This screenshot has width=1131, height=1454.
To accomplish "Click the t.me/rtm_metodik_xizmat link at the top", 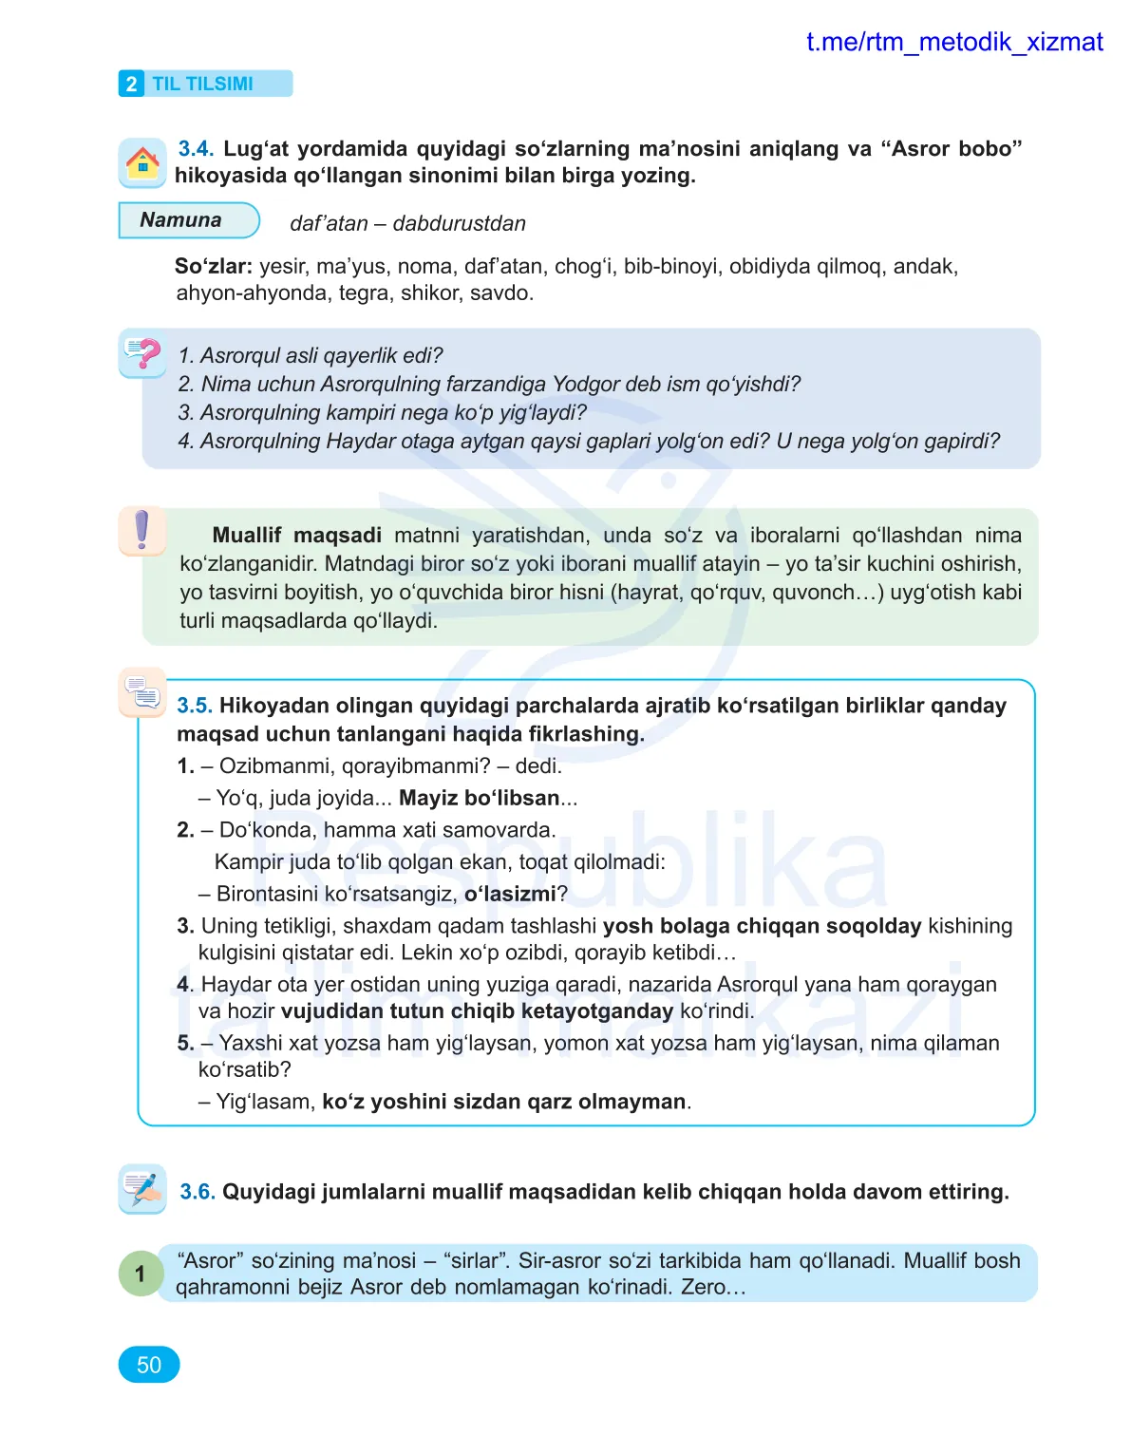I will [x=953, y=43].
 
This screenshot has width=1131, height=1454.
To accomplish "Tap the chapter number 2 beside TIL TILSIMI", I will [x=131, y=85].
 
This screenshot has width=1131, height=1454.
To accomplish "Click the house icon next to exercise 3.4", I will [x=142, y=162].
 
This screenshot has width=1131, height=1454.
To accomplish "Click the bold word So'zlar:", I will [x=213, y=267].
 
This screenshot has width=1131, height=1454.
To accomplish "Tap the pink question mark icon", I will [x=143, y=354].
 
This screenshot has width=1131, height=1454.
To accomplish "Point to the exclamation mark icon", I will [x=142, y=530].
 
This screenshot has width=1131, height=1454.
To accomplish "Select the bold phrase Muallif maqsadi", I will [x=296, y=536].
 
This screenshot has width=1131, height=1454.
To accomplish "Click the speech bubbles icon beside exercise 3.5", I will [x=142, y=691].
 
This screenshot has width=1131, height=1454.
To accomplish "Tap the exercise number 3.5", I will [x=194, y=706].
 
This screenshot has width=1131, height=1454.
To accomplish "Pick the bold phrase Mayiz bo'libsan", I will [x=479, y=799].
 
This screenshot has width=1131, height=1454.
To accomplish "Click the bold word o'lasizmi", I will [x=510, y=895].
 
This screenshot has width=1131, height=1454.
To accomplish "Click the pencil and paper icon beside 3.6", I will [x=142, y=1188].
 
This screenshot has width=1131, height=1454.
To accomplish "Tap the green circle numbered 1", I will [x=141, y=1274].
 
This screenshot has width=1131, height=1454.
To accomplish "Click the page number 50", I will [x=149, y=1365].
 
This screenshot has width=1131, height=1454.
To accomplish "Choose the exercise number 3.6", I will [x=198, y=1192].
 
